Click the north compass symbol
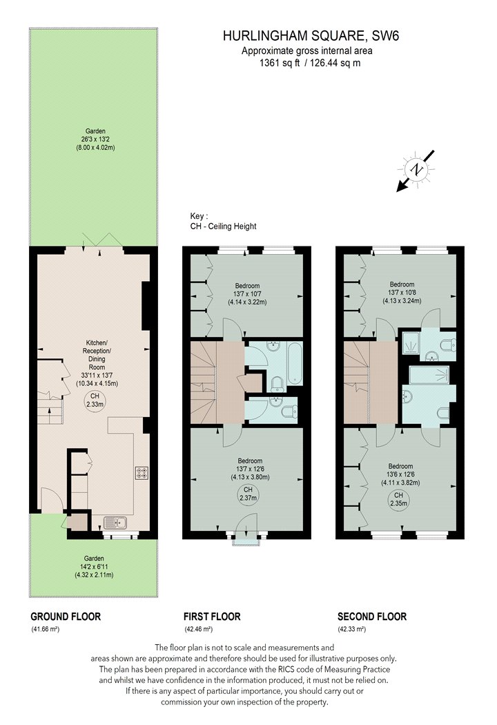416,170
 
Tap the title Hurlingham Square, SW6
311,36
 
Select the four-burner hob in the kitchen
142,473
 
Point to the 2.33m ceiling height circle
95,400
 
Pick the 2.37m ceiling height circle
248,494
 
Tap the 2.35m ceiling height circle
398,499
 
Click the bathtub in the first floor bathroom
295,363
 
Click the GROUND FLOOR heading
66,617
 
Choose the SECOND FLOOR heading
372,617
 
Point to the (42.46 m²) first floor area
198,629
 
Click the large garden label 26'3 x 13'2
95,139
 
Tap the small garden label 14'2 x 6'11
95,566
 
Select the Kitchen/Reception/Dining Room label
97,363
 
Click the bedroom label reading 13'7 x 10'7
247,293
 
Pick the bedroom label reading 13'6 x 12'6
400,474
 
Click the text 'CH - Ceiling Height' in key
223,226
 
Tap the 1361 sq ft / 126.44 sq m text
310,64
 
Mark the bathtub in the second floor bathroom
429,375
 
